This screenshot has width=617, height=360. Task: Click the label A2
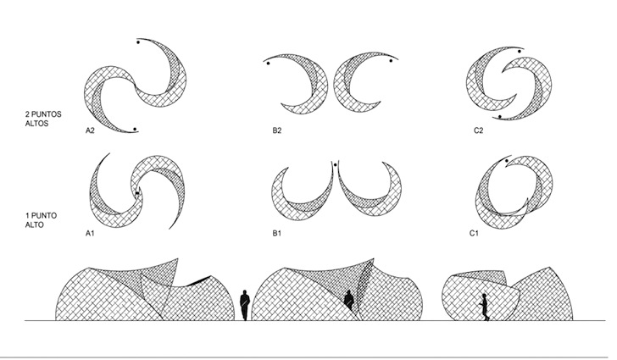click(x=90, y=130)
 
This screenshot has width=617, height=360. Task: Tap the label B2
click(x=277, y=130)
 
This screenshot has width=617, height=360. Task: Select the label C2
click(x=479, y=130)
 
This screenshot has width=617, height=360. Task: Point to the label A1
click(x=90, y=233)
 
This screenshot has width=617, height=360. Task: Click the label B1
click(x=277, y=233)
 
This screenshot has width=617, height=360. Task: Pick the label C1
click(x=474, y=233)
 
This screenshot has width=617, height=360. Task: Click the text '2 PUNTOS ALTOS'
click(x=43, y=119)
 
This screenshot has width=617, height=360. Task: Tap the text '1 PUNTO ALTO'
click(x=41, y=220)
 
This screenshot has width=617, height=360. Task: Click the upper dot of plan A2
click(x=138, y=42)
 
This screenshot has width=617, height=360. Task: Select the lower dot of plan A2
click(x=135, y=129)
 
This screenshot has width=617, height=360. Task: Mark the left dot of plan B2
click(x=269, y=63)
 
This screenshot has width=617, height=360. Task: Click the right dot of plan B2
click(x=391, y=61)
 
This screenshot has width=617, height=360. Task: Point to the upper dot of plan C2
click(x=520, y=51)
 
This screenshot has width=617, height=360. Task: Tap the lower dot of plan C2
click(x=500, y=116)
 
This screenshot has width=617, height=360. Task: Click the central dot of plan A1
click(x=137, y=193)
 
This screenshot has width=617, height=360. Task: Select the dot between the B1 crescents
click(x=336, y=165)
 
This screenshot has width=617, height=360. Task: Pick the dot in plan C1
click(x=507, y=161)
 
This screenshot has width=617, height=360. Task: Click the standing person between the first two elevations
click(x=245, y=305)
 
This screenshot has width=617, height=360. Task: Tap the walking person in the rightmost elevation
click(x=485, y=307)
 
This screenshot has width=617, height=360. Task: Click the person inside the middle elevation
click(x=348, y=301)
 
